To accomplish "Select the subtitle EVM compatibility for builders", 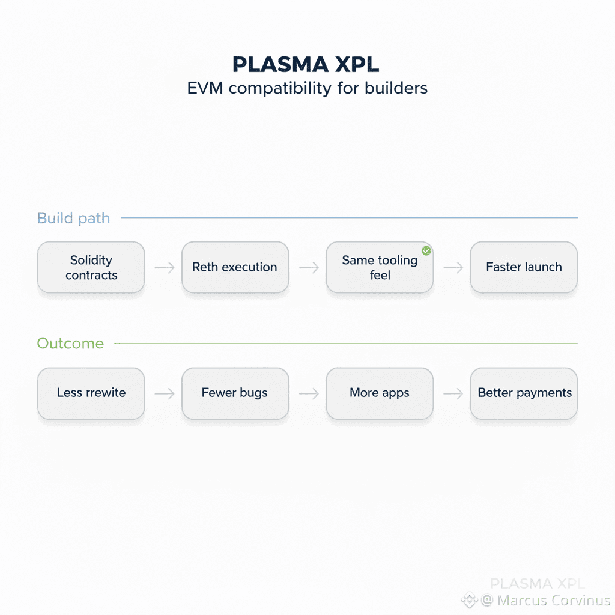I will pos(307,88).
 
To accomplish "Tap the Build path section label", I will pos(73,217).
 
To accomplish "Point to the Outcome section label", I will pos(70,343).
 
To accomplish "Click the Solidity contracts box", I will pos(91,267).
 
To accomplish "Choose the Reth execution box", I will pos(235,267).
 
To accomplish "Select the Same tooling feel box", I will pos(380,267).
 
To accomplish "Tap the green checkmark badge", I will pos(426,250).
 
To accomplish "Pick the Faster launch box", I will pos(524,267).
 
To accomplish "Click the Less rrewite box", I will pos(91,393).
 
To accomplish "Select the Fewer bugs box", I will pos(235,393).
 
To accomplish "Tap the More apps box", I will pos(380,393).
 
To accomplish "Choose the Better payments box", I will pos(524,393).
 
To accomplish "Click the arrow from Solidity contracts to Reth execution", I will pos(164,268).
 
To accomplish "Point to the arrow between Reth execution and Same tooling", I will pos(308,268).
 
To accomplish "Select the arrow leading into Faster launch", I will pos(452,268).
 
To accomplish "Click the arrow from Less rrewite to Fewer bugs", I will pos(164,393).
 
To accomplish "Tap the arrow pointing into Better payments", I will pos(452,393).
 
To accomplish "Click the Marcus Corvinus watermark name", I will pos(554,600).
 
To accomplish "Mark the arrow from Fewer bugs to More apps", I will pos(308,393).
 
